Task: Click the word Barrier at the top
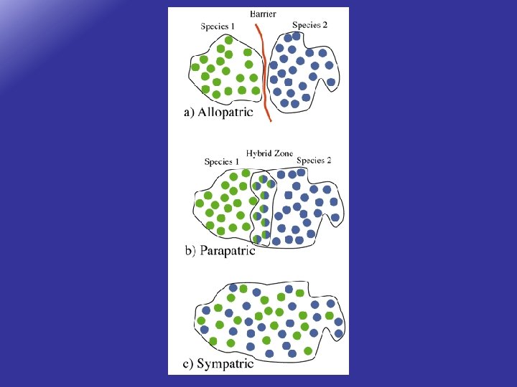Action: point(263,14)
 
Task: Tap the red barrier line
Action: point(266,72)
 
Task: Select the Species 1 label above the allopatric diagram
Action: point(218,27)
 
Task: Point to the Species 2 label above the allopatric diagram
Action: point(309,25)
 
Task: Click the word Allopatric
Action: point(225,113)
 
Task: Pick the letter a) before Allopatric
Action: point(189,113)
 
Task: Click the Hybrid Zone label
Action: point(269,153)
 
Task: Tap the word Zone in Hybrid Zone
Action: point(283,153)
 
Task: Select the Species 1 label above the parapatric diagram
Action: point(222,162)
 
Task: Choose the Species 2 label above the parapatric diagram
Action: point(314,161)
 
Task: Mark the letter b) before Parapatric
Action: point(190,251)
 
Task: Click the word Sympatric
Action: point(225,364)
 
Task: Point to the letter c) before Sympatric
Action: point(188,364)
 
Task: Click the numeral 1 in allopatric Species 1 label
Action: point(233,27)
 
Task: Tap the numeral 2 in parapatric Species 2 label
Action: point(329,161)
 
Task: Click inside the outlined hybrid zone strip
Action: point(263,208)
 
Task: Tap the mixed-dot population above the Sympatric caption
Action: point(269,319)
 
